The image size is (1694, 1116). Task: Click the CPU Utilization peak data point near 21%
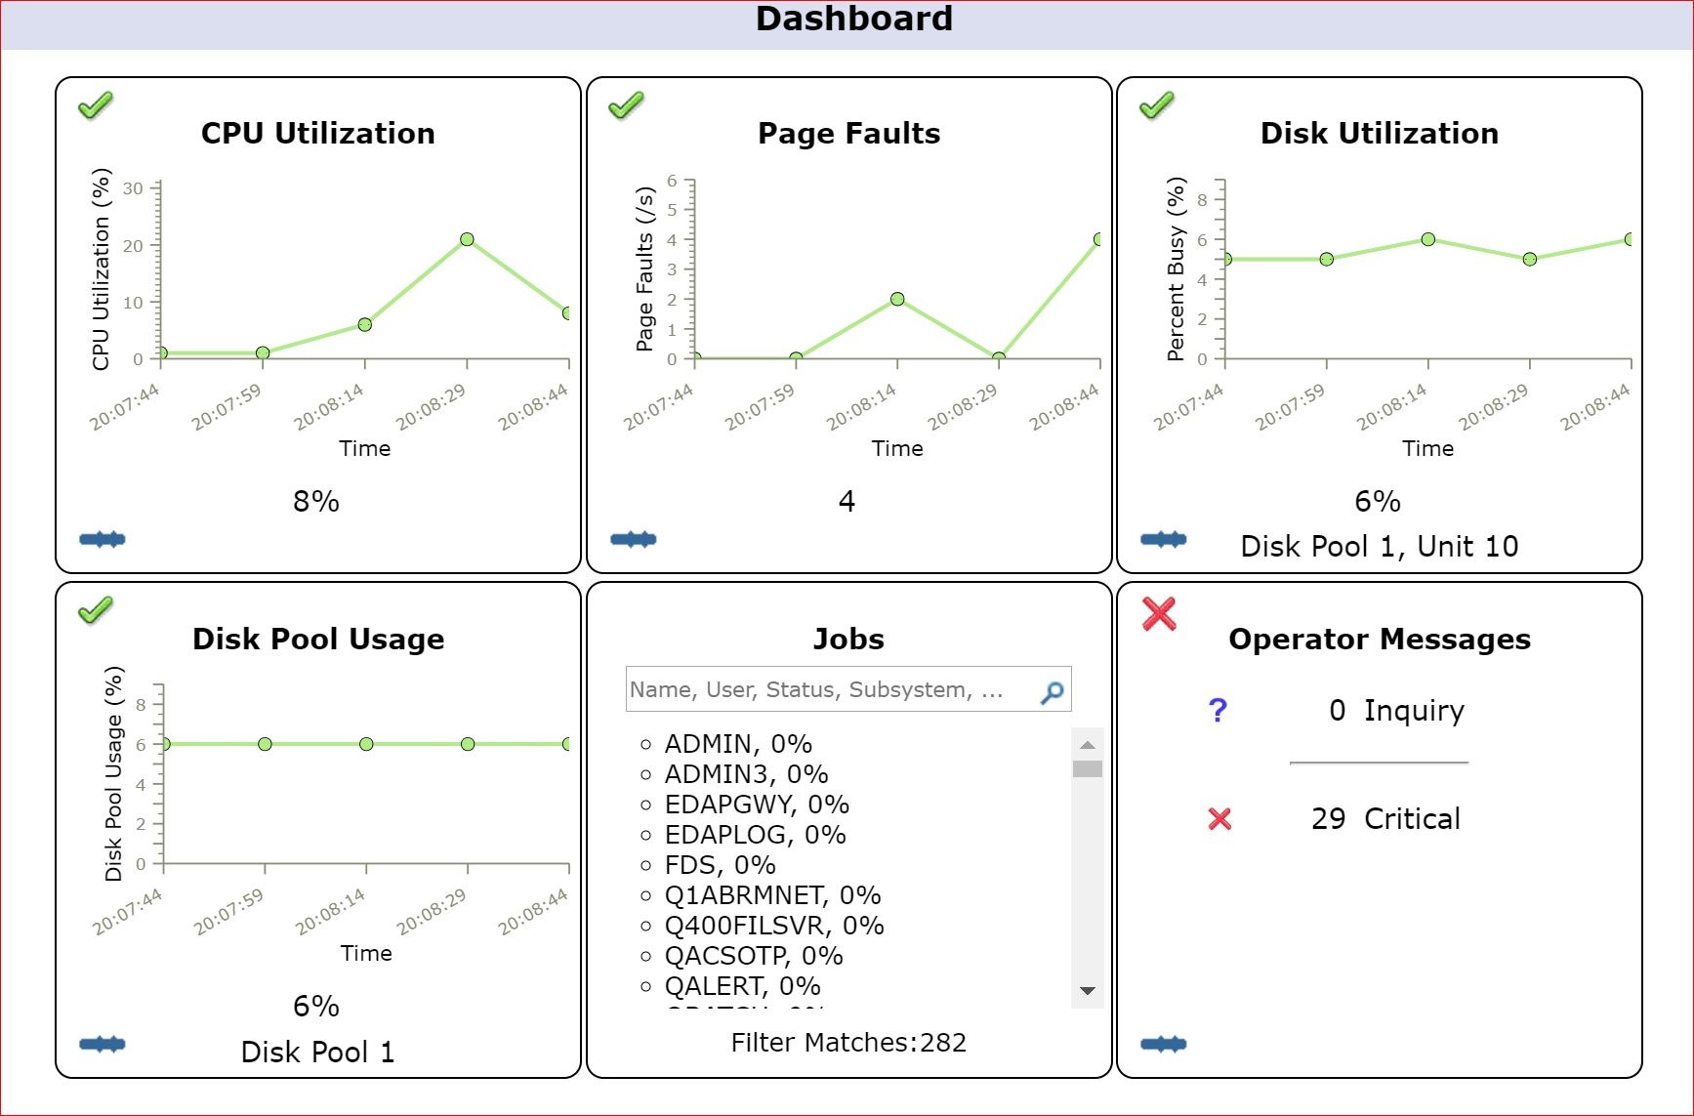467,239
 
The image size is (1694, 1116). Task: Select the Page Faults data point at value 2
897,299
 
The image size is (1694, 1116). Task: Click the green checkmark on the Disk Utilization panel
1157,104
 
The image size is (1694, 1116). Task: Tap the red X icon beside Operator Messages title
1159,613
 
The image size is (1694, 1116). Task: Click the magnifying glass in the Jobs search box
1053,692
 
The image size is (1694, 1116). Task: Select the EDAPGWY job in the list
756,805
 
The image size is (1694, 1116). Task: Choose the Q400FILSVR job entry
773,926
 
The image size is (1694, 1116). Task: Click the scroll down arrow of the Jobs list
1087,991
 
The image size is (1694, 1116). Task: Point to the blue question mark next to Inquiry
1218,711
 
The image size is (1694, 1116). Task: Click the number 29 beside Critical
1328,818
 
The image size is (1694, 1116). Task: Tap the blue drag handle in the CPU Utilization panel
103,539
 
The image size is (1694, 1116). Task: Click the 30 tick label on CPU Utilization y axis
133,188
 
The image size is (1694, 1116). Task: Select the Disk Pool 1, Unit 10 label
1379,547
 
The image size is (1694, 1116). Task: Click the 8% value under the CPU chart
316,502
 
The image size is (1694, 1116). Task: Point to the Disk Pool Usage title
318,639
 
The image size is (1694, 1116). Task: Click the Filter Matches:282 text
848,1043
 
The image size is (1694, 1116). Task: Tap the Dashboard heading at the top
853,20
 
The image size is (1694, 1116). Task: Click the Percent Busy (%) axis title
1177,269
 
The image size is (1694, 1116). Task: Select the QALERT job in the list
742,986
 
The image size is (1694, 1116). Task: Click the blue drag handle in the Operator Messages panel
1164,1044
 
